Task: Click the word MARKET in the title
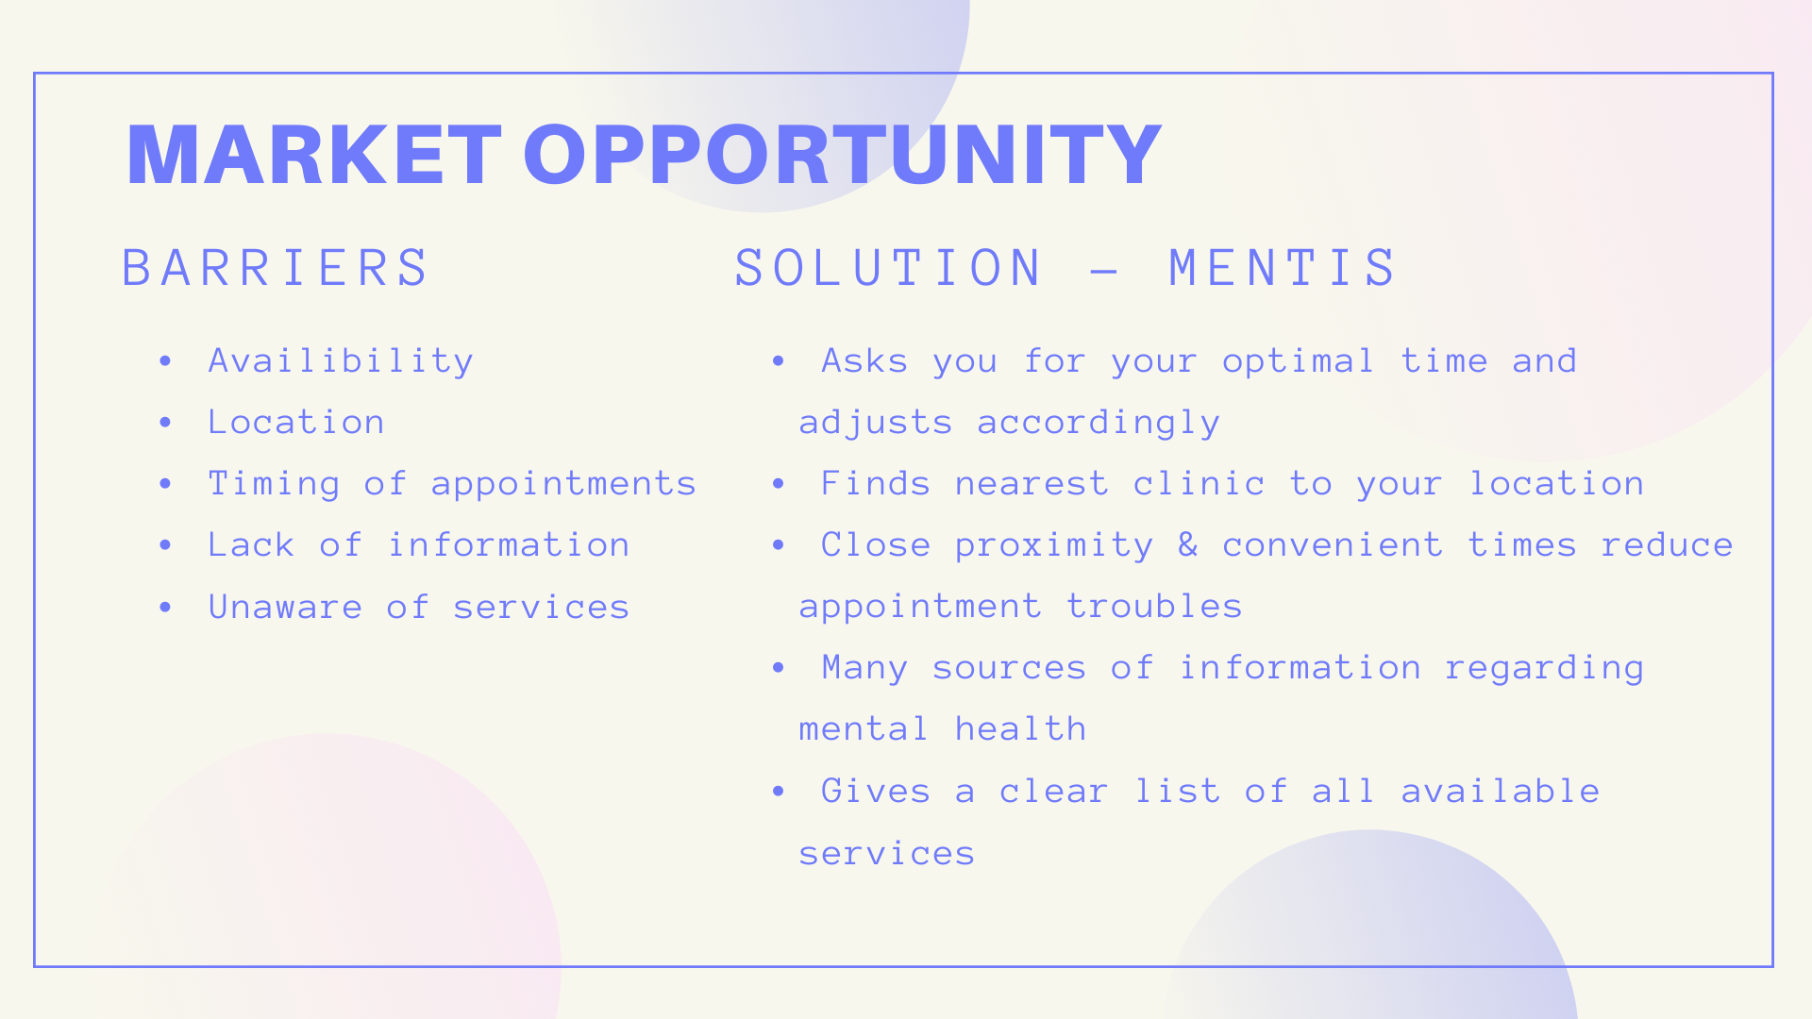click(313, 155)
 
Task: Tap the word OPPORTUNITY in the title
click(842, 155)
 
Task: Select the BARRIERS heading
click(276, 268)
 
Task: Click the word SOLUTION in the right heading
click(888, 268)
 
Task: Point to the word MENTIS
click(1283, 268)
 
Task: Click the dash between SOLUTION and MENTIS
click(1104, 271)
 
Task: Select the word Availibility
click(341, 361)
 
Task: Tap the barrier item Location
click(296, 423)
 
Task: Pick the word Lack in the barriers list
click(251, 544)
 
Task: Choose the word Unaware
click(285, 607)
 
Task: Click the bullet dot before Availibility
click(166, 360)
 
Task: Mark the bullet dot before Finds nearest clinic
click(779, 483)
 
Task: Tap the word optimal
click(1299, 361)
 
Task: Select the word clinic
click(1199, 483)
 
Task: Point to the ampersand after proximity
click(1187, 544)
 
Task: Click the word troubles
click(1154, 607)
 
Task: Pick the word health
click(1020, 728)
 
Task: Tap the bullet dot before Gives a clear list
click(779, 791)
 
